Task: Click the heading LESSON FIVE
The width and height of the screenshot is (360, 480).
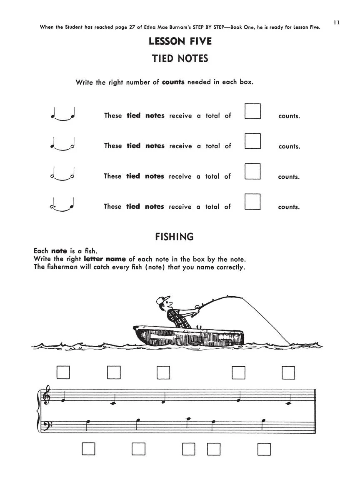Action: (x=180, y=41)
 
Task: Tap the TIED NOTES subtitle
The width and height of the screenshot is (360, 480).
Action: (x=180, y=58)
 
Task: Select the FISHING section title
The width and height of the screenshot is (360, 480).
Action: (x=174, y=237)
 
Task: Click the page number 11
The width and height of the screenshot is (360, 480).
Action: (x=336, y=22)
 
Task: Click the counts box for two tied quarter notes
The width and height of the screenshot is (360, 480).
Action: (x=253, y=111)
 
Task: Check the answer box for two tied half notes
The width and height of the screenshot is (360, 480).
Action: (x=252, y=171)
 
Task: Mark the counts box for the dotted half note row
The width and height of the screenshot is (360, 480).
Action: (x=252, y=202)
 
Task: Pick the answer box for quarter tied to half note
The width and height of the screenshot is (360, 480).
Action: (x=253, y=141)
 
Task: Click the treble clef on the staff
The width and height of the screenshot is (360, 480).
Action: (x=47, y=395)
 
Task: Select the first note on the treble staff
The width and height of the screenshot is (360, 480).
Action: (x=63, y=397)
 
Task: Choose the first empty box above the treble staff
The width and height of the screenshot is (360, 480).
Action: (x=63, y=372)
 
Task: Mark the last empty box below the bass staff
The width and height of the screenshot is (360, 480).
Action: (x=264, y=450)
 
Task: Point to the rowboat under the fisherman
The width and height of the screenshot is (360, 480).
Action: (x=188, y=336)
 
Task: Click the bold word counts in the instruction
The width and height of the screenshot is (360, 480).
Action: (x=173, y=82)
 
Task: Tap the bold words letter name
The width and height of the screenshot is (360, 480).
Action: (x=105, y=259)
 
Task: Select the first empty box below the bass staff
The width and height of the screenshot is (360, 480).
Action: (x=88, y=449)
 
